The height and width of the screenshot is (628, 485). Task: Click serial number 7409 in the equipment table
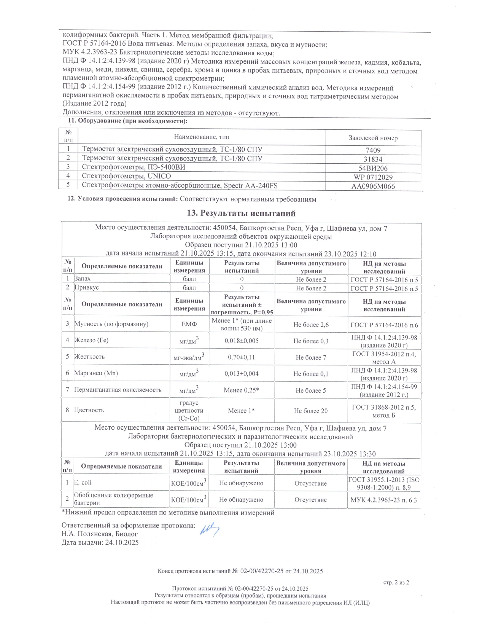click(373, 150)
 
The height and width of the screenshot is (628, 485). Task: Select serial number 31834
click(373, 159)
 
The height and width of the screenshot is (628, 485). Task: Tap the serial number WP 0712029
click(373, 177)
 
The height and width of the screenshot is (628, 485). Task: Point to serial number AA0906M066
click(373, 186)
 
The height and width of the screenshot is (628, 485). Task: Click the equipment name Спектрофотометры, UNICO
click(126, 176)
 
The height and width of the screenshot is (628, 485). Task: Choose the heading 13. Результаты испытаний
click(241, 213)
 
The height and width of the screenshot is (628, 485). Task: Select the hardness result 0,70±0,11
click(242, 357)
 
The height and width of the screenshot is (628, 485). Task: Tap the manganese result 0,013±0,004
click(242, 374)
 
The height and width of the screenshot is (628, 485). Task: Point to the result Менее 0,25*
click(242, 390)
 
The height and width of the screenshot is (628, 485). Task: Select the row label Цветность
click(89, 410)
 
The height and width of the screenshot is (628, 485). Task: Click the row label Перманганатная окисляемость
click(118, 390)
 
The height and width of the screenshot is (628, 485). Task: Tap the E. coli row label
click(83, 483)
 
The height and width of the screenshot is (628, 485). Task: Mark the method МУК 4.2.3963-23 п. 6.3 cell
click(383, 500)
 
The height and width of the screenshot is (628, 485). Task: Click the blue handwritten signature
click(210, 529)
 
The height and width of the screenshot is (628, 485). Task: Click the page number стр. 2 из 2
click(396, 582)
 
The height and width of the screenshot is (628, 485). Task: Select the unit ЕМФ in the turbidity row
click(189, 324)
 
